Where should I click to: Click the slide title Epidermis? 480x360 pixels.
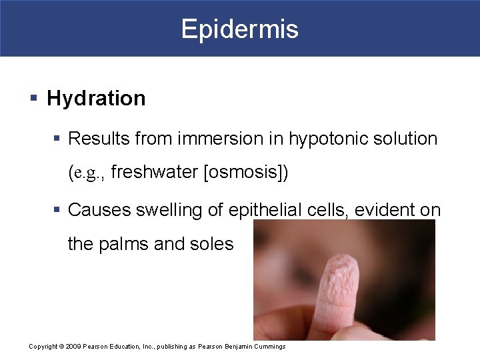tap(240, 29)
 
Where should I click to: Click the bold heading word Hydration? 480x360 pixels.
tap(96, 99)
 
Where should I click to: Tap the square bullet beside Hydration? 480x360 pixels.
tap(33, 99)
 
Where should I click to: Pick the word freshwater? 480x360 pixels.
tap(155, 173)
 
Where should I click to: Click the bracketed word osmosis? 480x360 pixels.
tap(245, 173)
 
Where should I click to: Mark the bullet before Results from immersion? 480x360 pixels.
tap(58, 139)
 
